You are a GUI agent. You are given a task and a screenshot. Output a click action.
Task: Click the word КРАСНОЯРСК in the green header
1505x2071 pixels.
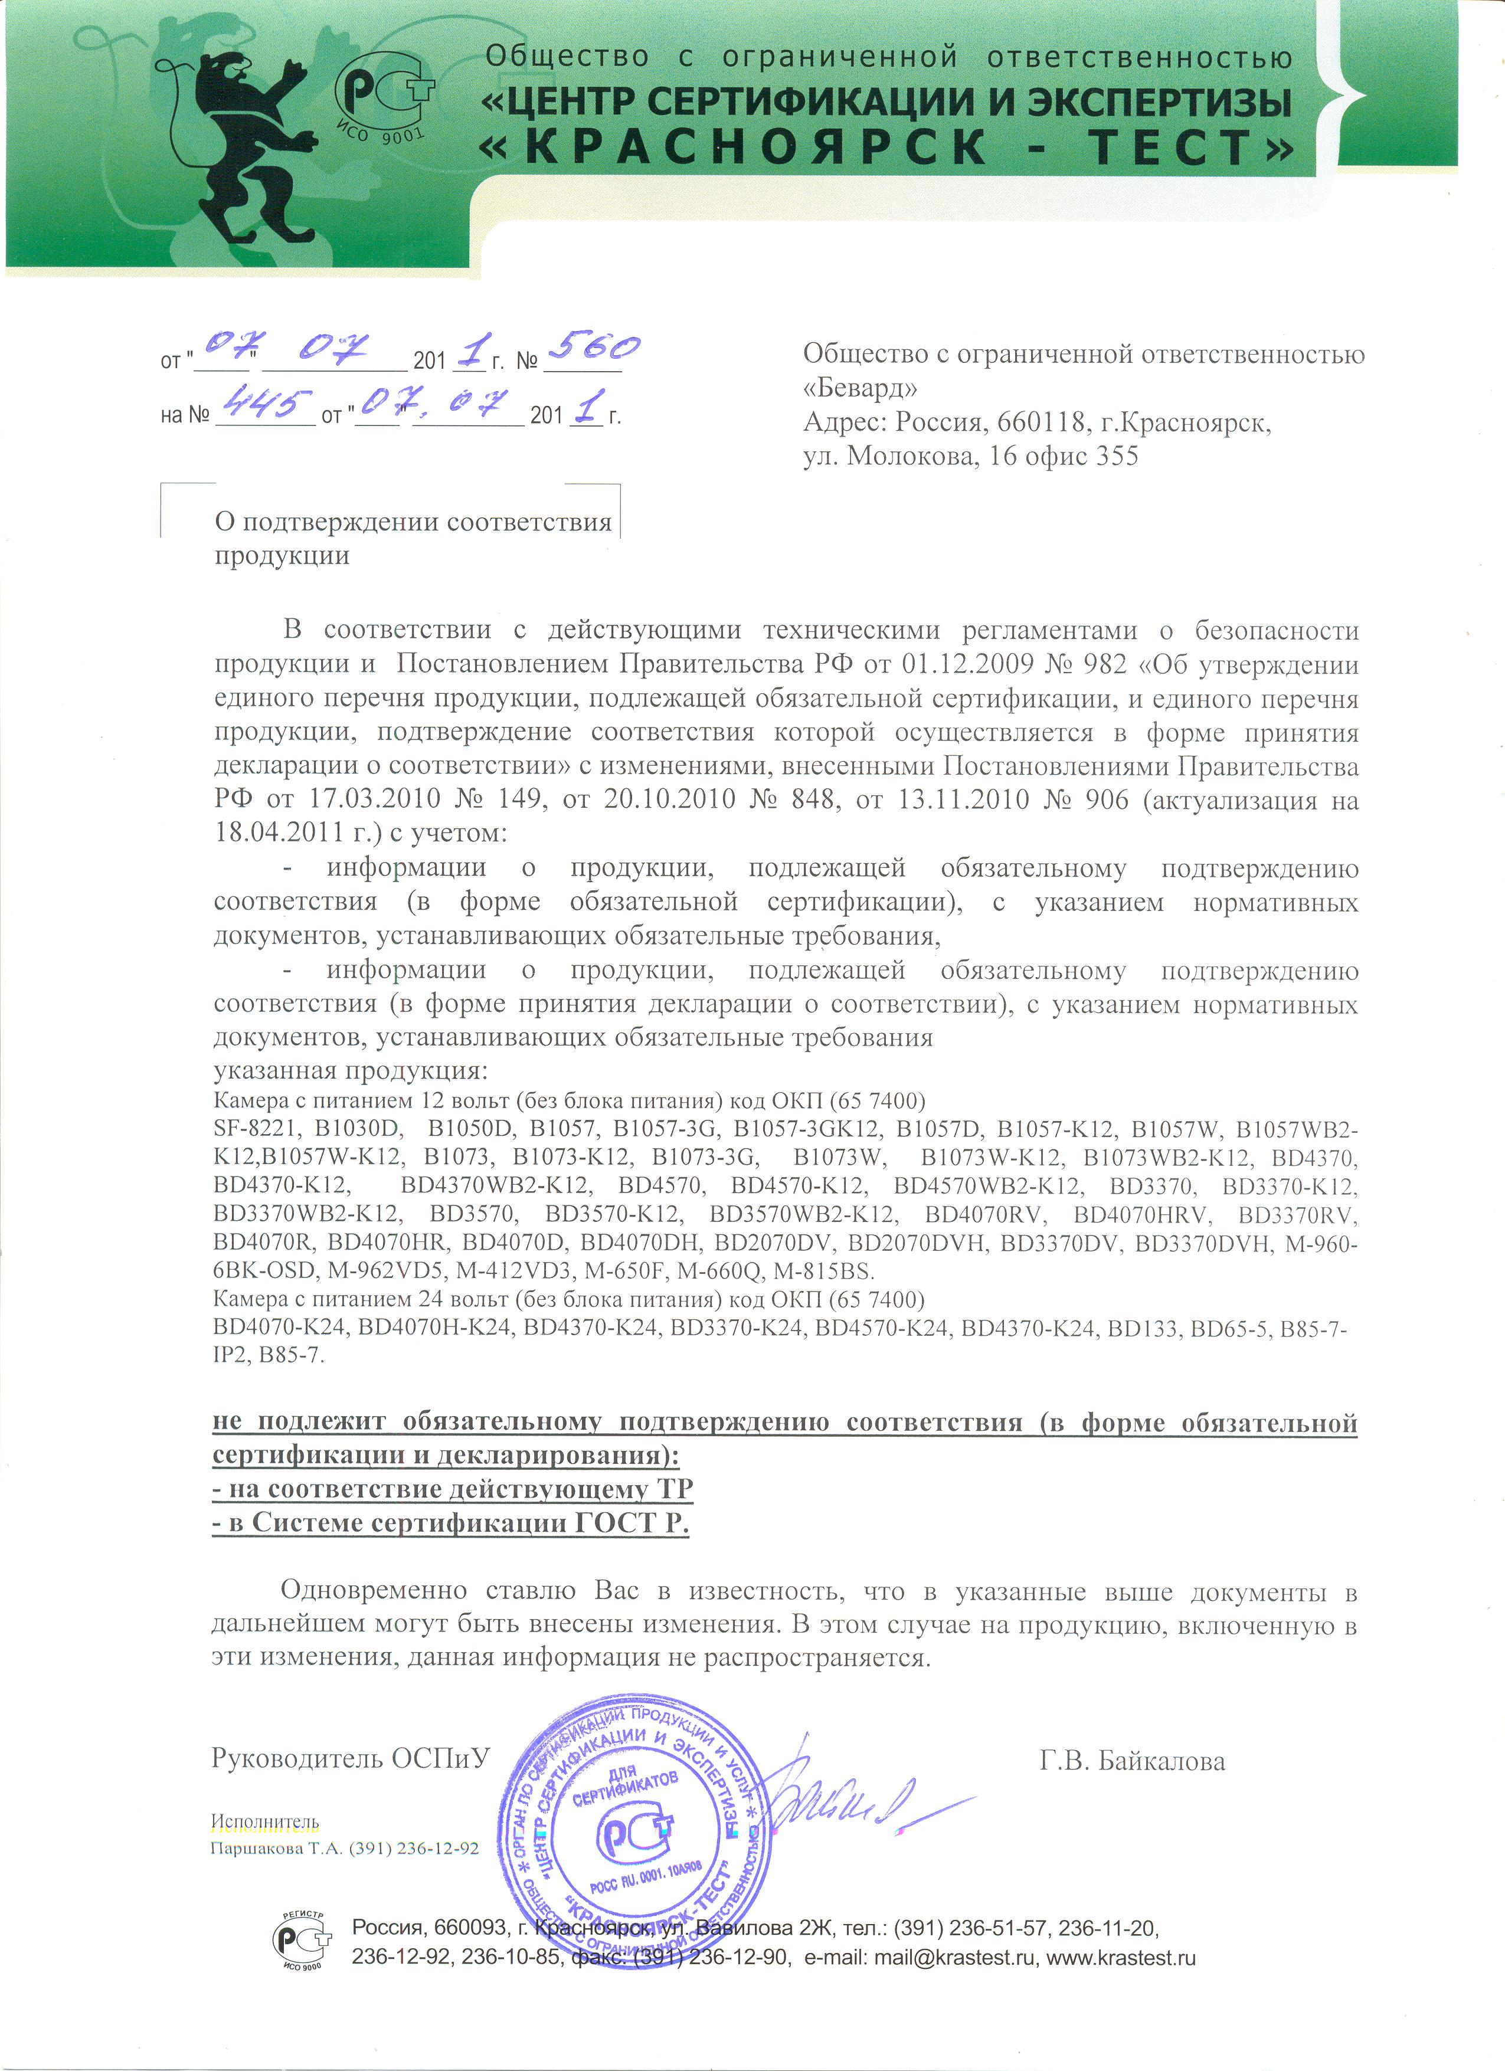758,147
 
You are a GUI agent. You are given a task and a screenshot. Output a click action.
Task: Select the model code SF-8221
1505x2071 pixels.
252,1129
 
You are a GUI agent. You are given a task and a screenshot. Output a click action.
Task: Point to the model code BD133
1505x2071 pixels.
1141,1327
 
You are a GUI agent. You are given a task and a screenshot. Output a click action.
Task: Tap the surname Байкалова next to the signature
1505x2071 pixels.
1162,1761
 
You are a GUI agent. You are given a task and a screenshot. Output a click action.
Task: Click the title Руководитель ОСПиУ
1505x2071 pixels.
351,1758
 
